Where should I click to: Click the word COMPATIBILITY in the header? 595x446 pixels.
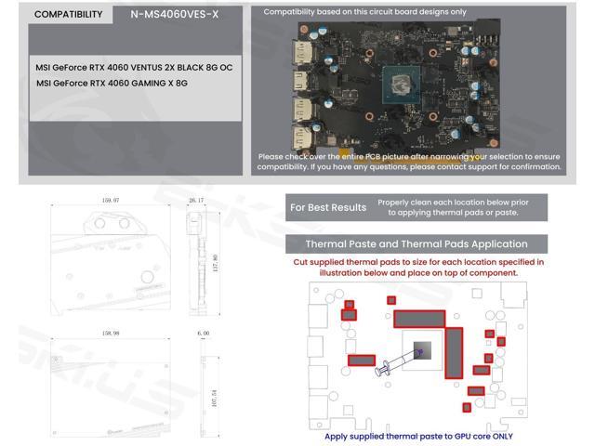pyautogui.click(x=68, y=15)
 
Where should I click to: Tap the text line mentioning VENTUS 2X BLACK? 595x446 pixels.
pyautogui.click(x=134, y=68)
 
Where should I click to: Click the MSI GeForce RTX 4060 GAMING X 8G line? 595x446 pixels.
pyautogui.click(x=112, y=83)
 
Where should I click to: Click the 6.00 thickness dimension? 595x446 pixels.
pyautogui.click(x=203, y=332)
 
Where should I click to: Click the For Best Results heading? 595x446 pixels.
pyautogui.click(x=327, y=207)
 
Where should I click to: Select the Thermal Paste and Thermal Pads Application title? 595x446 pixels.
pyautogui.click(x=416, y=244)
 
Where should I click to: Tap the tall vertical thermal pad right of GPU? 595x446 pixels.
pyautogui.click(x=454, y=353)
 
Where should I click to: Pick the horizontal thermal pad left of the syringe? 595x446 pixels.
pyautogui.click(x=361, y=360)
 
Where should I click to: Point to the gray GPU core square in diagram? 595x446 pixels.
pyautogui.click(x=419, y=352)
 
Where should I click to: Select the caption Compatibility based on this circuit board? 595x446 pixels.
pyautogui.click(x=364, y=12)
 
